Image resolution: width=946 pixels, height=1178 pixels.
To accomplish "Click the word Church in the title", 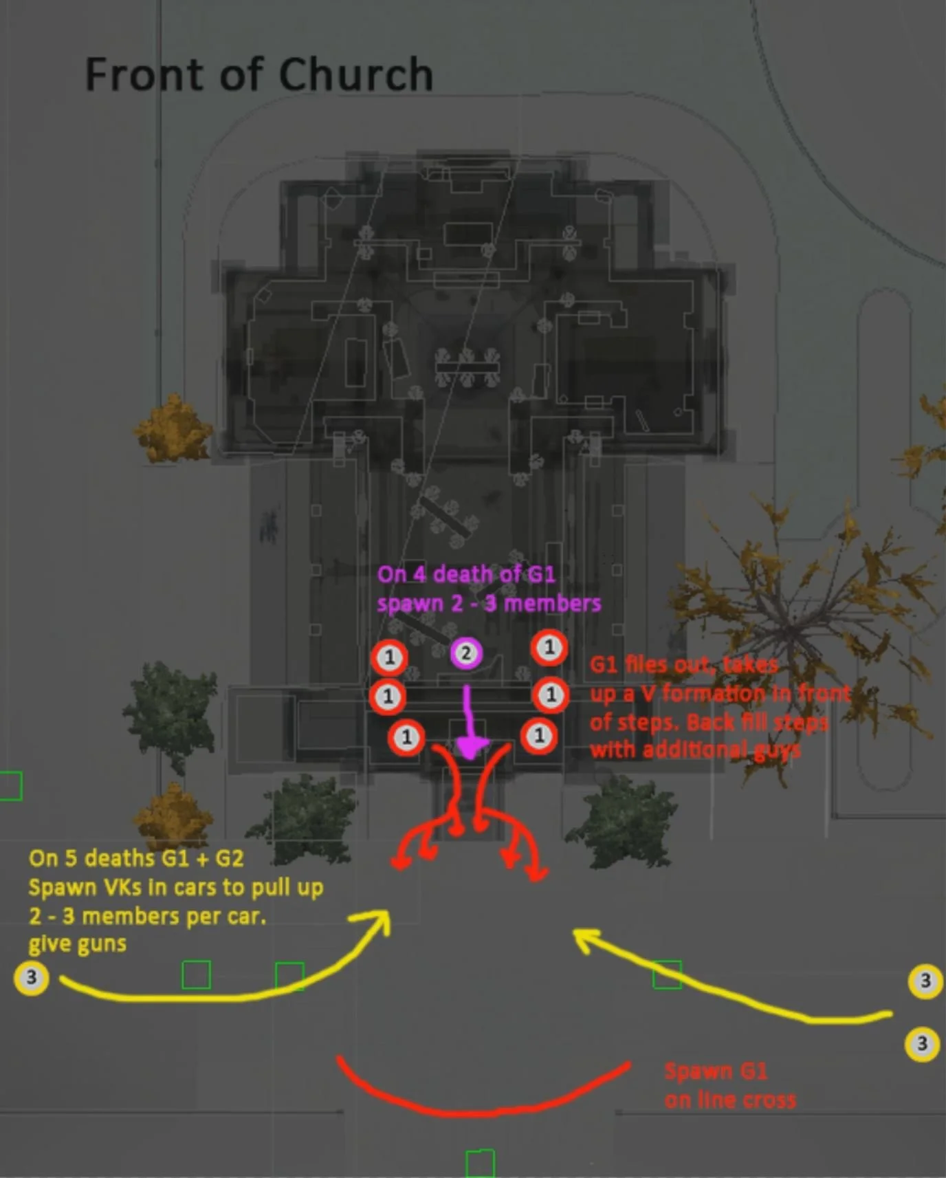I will click(355, 74).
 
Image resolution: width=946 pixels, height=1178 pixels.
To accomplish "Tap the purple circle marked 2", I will click(466, 653).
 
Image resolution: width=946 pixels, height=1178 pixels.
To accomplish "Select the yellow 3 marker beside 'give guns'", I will click(31, 978).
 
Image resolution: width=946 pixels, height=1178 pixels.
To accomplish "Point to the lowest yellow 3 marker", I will click(922, 1044).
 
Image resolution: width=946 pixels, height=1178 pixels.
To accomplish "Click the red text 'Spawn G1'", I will click(716, 1071).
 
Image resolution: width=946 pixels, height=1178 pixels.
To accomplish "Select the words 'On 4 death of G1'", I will click(466, 574).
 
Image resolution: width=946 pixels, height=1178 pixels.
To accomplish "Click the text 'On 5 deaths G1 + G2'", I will click(136, 858).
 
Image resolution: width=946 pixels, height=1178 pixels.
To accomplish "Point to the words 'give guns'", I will click(77, 944).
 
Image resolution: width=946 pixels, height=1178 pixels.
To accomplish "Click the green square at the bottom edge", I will click(480, 1164).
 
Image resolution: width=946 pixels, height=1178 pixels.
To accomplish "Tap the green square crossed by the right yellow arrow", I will click(666, 974).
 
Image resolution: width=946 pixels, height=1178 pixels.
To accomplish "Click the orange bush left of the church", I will click(172, 429).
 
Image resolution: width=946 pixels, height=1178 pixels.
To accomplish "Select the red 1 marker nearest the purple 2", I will click(390, 657).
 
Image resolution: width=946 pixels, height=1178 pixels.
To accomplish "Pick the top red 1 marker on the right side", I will click(549, 647).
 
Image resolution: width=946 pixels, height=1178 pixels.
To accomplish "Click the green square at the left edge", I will click(10, 785).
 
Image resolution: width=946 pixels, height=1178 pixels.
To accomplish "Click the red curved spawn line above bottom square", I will click(481, 1109).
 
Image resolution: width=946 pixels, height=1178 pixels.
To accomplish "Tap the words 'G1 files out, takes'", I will click(683, 665).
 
